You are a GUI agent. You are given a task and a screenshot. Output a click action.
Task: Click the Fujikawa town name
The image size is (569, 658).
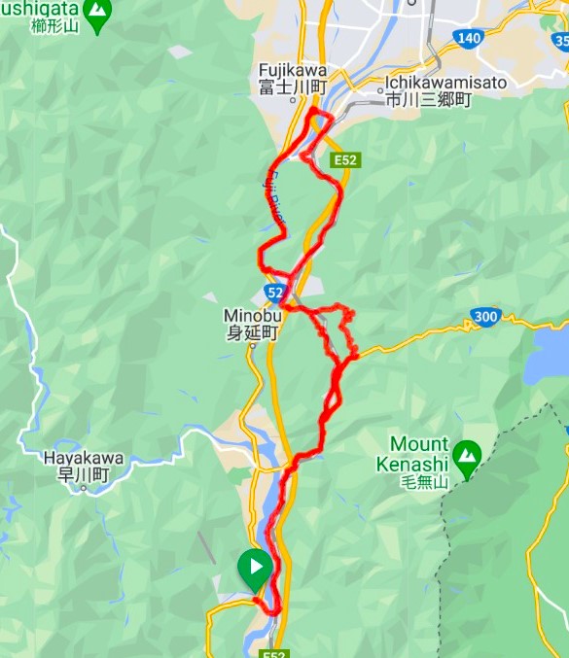pos(293,71)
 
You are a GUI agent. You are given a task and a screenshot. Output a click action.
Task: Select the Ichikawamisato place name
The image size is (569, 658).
pos(446,83)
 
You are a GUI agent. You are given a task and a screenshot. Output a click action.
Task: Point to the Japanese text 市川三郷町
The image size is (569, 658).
pos(428,99)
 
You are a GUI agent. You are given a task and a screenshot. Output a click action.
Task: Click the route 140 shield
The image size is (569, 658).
pos(467,38)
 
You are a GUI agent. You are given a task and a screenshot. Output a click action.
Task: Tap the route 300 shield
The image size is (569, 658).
pos(486,316)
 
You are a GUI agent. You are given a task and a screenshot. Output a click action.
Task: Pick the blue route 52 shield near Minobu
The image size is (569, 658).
pos(275,292)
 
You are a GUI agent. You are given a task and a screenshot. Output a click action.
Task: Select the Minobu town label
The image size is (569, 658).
pos(252,316)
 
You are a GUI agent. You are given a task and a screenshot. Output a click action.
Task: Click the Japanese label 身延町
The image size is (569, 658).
pos(252,333)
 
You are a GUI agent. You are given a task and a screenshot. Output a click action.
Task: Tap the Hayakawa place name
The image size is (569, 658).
pos(84,459)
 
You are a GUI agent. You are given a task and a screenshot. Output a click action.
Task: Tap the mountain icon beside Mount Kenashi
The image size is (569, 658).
pos(467,455)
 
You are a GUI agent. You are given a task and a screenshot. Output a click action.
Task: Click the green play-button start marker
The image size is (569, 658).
pos(254,567)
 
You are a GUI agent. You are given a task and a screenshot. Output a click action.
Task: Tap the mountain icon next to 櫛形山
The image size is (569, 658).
pos(96,13)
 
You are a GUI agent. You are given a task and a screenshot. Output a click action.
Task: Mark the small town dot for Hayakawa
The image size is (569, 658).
pos(85,489)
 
